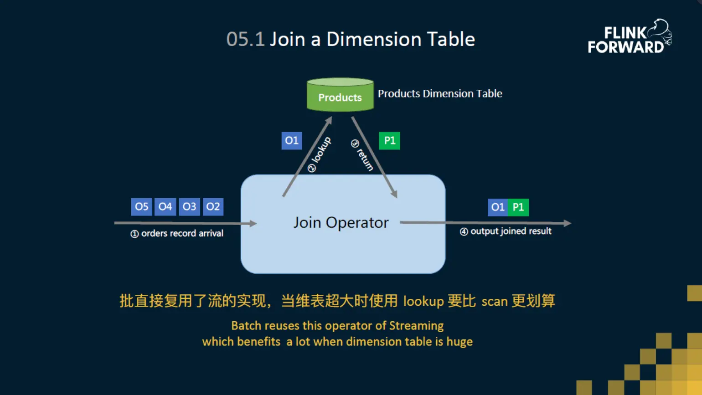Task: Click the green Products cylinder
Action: tap(340, 95)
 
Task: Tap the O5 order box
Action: tap(141, 207)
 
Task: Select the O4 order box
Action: tap(165, 207)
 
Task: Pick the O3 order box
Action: tap(189, 207)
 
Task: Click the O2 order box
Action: tap(213, 207)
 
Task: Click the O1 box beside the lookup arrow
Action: tap(292, 141)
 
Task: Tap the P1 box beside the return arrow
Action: tap(389, 141)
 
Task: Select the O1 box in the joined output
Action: tap(497, 207)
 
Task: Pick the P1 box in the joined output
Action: tap(518, 207)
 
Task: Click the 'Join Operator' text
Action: tap(341, 223)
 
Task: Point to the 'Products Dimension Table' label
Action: tap(440, 94)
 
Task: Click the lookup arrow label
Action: tap(320, 154)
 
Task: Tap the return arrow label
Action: tap(363, 155)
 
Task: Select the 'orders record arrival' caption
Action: tap(177, 233)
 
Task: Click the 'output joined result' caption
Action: tap(506, 231)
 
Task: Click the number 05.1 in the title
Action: tap(245, 40)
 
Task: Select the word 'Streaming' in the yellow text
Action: tap(416, 326)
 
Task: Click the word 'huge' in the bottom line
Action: tap(459, 342)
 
